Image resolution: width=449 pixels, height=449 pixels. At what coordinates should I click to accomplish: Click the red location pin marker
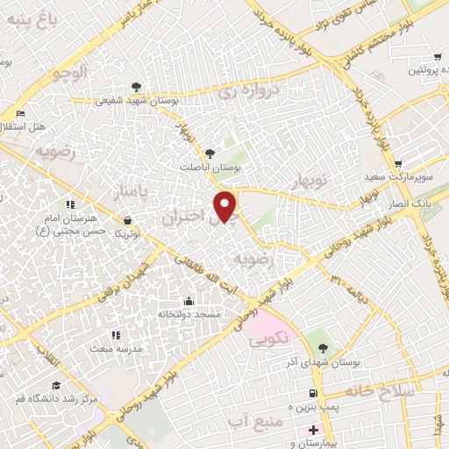click(x=226, y=205)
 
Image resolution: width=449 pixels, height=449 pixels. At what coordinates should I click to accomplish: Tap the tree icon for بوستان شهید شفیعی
click(x=136, y=86)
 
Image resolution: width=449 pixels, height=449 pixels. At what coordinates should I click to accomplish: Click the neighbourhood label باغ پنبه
click(x=32, y=15)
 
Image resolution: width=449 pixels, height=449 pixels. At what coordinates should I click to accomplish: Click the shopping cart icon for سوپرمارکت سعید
click(x=398, y=163)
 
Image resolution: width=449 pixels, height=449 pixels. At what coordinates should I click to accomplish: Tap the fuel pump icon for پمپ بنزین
click(x=312, y=392)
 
